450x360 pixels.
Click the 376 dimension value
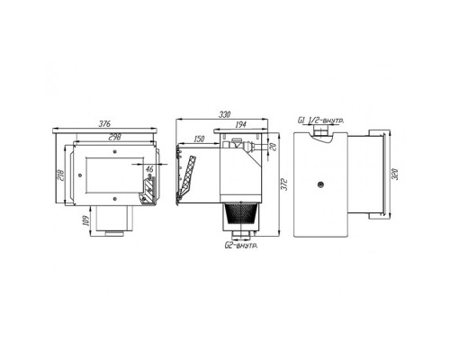click(104, 123)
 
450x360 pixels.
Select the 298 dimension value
click(114, 137)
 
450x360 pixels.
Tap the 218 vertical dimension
click(60, 175)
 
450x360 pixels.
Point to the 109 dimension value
click(85, 221)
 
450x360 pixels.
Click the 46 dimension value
click(149, 169)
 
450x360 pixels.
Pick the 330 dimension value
click(224, 114)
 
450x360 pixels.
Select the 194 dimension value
click(240, 124)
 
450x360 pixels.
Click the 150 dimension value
click(199, 139)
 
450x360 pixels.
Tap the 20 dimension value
click(273, 147)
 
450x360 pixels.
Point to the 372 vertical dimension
click(285, 184)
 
